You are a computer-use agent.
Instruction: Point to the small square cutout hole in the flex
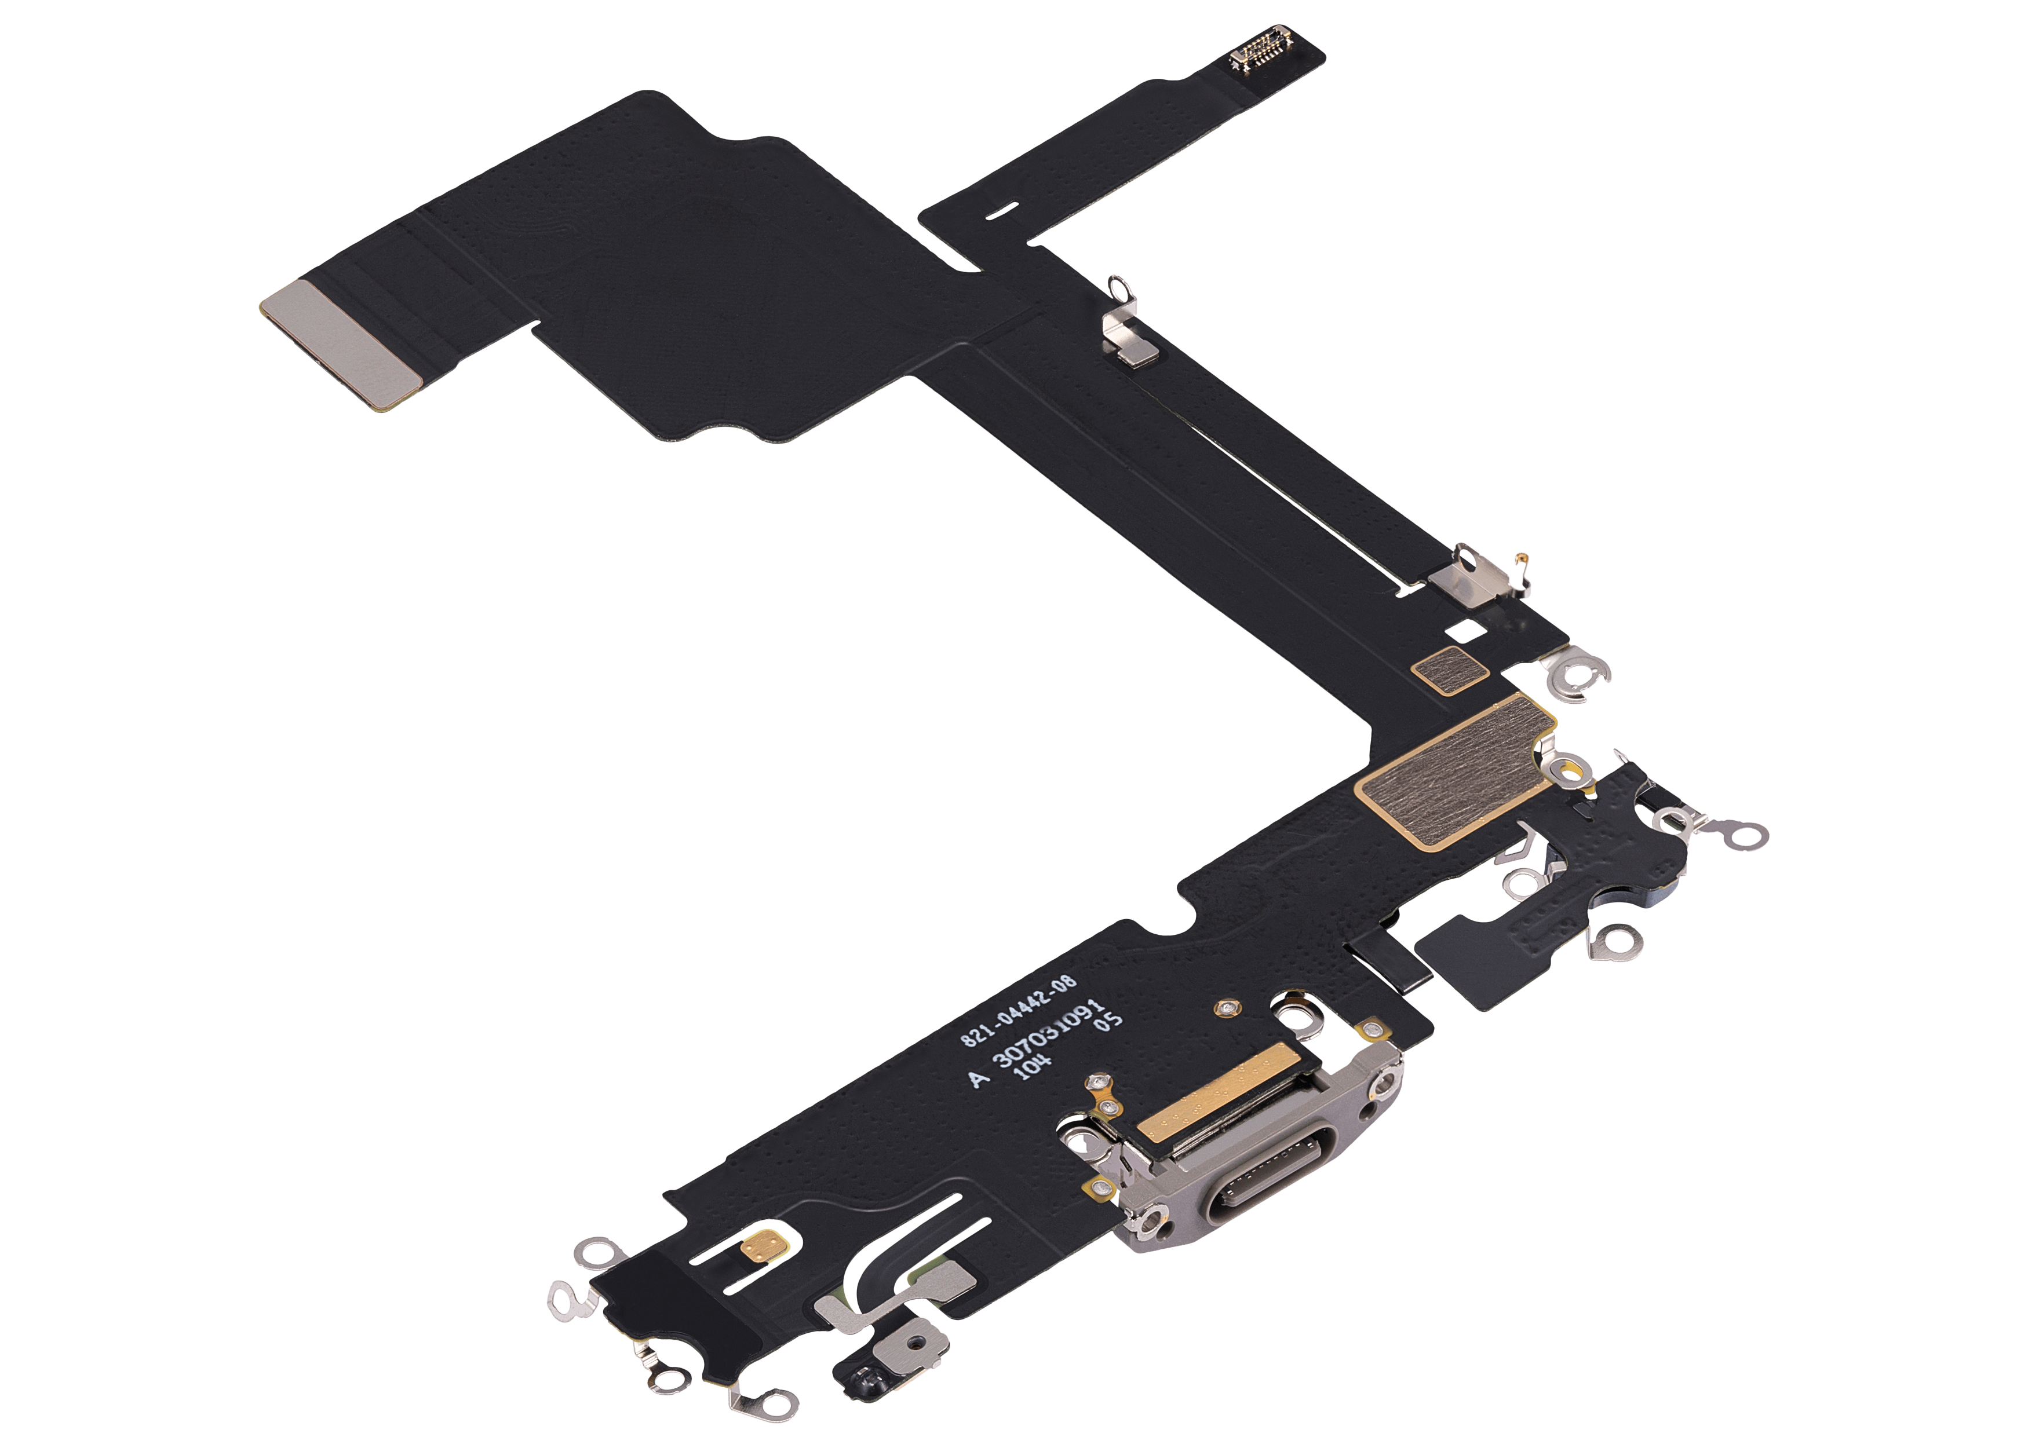[x=1465, y=630]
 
